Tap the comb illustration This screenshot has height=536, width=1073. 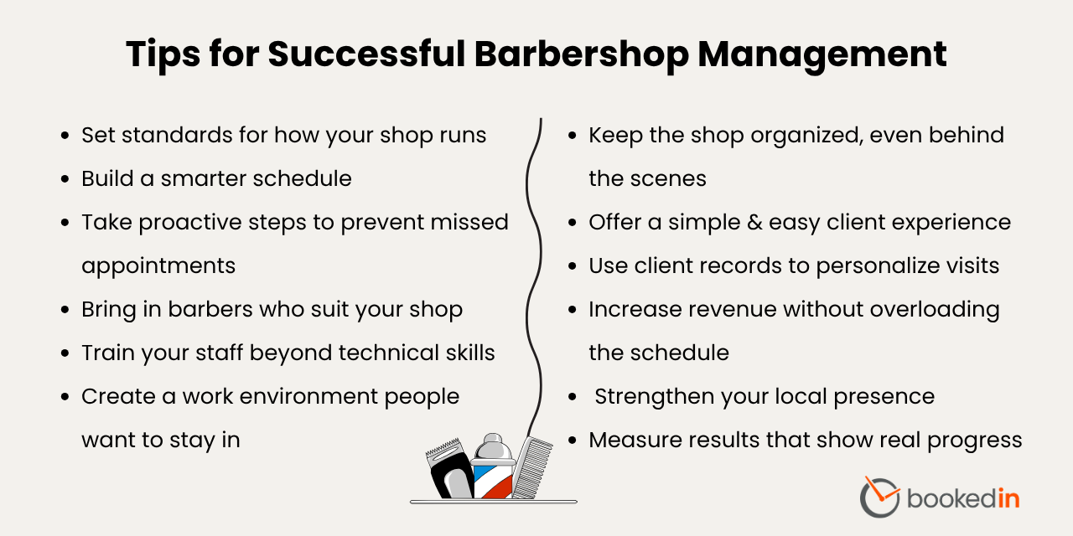532,465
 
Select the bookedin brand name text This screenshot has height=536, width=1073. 963,498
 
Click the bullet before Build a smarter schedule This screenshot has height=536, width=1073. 65,179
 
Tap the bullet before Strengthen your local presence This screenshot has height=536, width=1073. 573,397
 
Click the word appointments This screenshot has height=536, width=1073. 158,266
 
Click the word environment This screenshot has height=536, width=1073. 296,397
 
